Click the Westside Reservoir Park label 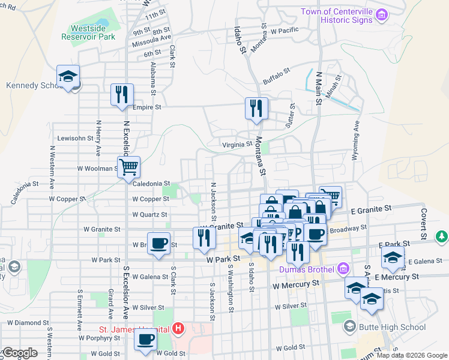coord(88,32)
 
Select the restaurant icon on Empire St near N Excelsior coord(122,95)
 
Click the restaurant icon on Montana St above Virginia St coord(256,109)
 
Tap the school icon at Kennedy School coord(68,76)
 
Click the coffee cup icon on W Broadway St coord(158,243)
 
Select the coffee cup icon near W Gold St coord(144,341)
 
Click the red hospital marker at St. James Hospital coord(178,328)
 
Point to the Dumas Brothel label coord(306,269)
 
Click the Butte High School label coord(393,327)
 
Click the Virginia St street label coord(238,144)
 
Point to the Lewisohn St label coord(75,137)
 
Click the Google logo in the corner coord(19,353)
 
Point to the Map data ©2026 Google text coord(411,355)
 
